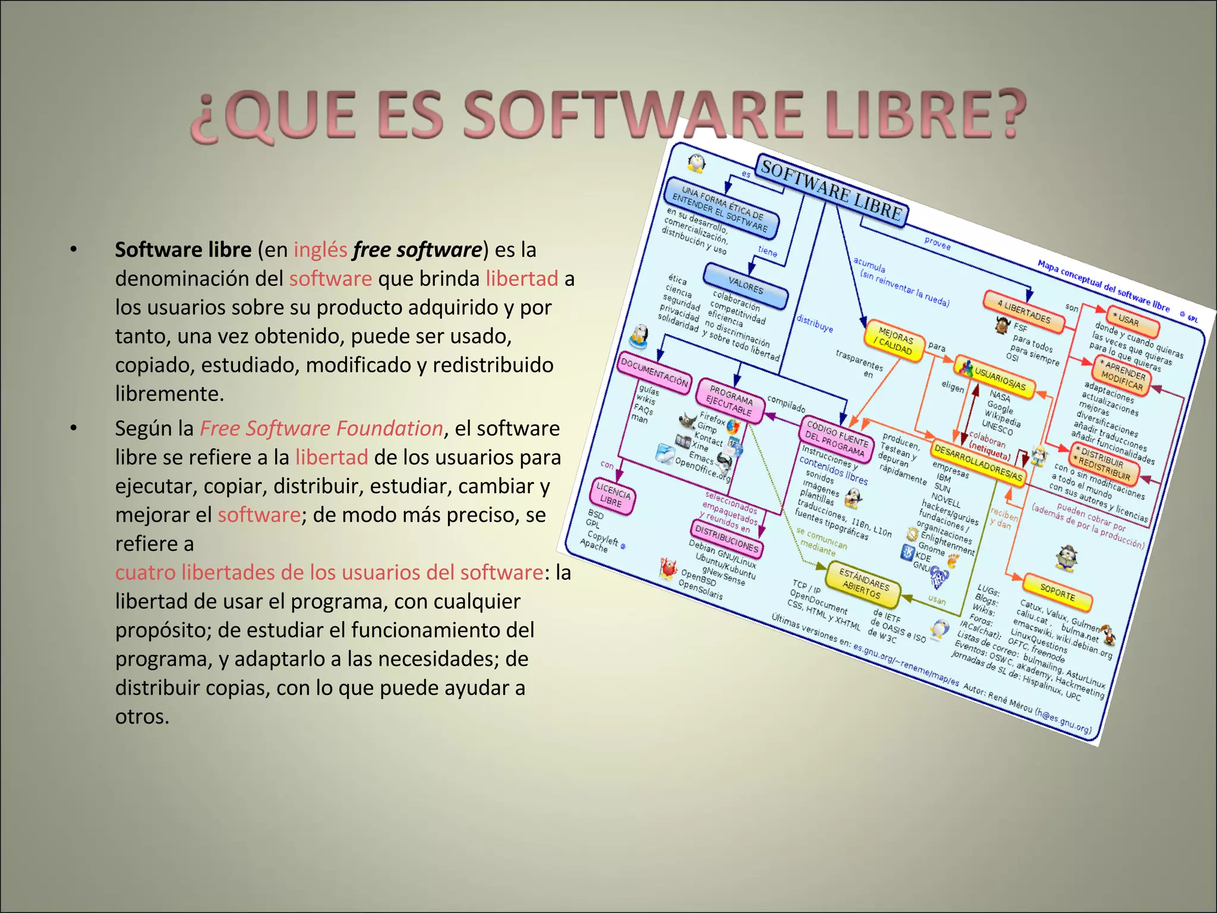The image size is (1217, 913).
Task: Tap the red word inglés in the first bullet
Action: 320,250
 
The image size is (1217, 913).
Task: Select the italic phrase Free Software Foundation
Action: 321,429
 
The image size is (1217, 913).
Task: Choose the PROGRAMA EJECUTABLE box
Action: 730,401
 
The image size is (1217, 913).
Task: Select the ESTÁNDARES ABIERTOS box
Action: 863,584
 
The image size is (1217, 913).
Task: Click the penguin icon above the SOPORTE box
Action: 1067,558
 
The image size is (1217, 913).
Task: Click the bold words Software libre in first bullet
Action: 183,250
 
